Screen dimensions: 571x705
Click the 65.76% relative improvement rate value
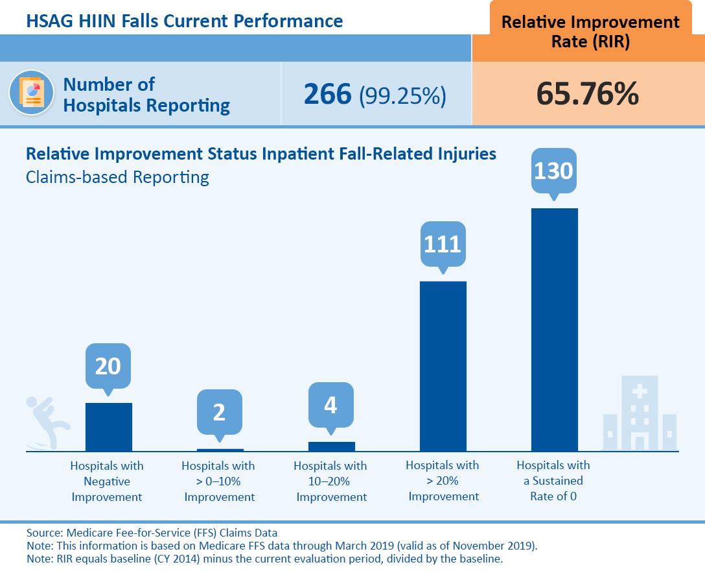(587, 94)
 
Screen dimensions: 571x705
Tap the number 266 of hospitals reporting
(328, 94)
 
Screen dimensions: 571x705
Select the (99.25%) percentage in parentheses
(402, 95)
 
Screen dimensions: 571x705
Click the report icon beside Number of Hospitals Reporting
(32, 93)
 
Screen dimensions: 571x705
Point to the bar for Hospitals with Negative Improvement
(108, 426)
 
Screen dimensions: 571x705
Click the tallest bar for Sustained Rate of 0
(554, 329)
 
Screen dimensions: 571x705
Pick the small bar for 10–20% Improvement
(331, 446)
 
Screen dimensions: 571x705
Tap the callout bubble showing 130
(553, 171)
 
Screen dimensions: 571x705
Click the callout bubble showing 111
(443, 244)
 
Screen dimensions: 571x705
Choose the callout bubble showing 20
(108, 366)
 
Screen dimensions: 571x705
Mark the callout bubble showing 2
(219, 412)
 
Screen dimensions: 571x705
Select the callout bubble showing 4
(330, 405)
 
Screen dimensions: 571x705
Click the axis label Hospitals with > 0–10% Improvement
(219, 481)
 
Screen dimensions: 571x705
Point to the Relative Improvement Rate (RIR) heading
(590, 31)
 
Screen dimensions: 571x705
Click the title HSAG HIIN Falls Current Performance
(185, 21)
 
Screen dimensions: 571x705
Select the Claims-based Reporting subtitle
(117, 177)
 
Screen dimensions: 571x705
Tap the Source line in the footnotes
(152, 533)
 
